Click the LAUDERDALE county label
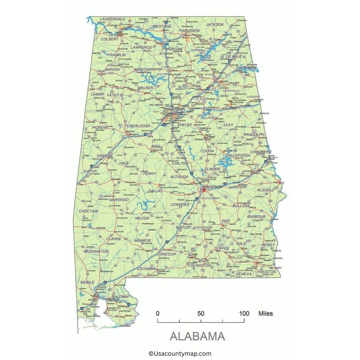(x=113, y=19)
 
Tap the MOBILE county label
(x=87, y=282)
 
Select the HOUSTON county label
(x=267, y=272)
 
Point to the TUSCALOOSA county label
(x=137, y=126)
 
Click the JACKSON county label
(x=215, y=24)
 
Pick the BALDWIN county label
(x=120, y=296)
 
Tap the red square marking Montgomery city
(x=204, y=190)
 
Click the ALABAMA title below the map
(x=197, y=336)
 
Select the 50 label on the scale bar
(x=201, y=313)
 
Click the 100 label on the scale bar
(x=244, y=313)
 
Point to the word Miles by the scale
(x=265, y=313)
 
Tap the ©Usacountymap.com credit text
(x=180, y=354)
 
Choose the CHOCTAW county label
(x=88, y=211)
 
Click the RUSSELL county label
(x=265, y=190)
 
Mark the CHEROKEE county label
(x=246, y=68)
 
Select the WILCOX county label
(x=142, y=218)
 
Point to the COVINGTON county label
(x=199, y=265)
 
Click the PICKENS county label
(x=100, y=127)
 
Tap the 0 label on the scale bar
(x=158, y=313)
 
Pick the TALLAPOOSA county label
(x=238, y=155)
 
